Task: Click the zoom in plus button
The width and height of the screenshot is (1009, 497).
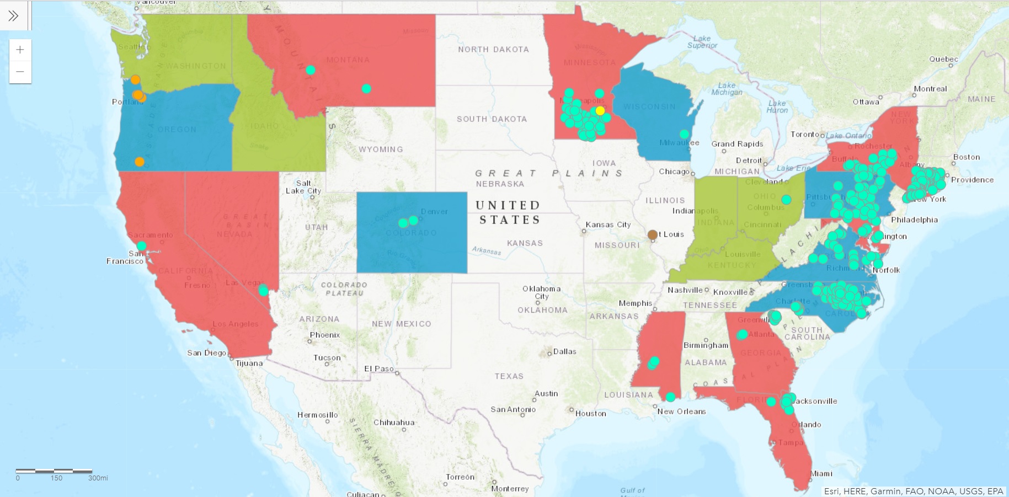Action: click(20, 50)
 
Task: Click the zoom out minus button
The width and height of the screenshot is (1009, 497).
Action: click(20, 72)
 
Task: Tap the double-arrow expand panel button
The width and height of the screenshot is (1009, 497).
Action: click(13, 15)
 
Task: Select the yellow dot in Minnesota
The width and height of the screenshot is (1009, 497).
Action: click(600, 110)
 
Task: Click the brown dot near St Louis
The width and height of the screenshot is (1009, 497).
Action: click(653, 234)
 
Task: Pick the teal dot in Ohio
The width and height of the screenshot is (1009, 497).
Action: click(786, 199)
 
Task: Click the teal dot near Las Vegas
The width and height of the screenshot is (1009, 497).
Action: click(264, 290)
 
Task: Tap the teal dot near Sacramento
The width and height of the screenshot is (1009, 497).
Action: click(142, 245)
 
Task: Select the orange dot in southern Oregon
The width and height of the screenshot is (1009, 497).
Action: click(140, 162)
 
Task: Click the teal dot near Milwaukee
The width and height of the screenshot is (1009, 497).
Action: click(684, 134)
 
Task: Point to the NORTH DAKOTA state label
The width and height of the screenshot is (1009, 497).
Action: click(493, 50)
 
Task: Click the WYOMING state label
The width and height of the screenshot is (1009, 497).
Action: click(381, 149)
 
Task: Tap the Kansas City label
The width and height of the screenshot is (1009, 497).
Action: click(608, 225)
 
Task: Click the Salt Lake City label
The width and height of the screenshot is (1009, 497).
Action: click(303, 187)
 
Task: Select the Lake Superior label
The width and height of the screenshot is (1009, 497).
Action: click(702, 42)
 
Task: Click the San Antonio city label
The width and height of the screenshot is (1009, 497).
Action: click(513, 409)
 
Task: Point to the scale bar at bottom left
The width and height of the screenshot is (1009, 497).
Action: click(54, 471)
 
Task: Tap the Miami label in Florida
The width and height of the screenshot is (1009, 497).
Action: click(821, 473)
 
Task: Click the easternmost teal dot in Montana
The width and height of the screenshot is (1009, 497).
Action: click(366, 88)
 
